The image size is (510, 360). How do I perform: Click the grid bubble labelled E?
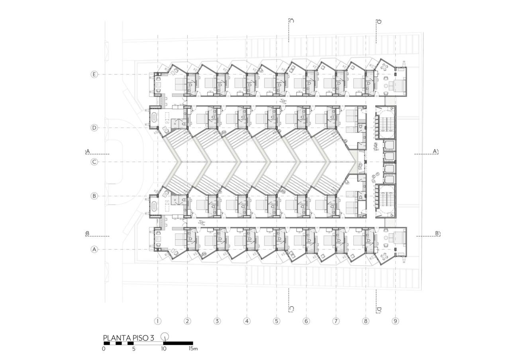pyautogui.click(x=94, y=74)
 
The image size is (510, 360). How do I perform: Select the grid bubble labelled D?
pyautogui.click(x=94, y=128)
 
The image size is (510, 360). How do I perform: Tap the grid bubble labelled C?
pyautogui.click(x=94, y=162)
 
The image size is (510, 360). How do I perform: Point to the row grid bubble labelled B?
pyautogui.click(x=94, y=196)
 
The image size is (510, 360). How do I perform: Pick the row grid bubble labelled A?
pyautogui.click(x=94, y=249)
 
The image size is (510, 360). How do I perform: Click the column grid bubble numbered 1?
pyautogui.click(x=158, y=321)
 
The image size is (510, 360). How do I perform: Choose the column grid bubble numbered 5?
pyautogui.click(x=277, y=321)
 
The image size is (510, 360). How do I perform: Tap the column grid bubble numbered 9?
pyautogui.click(x=395, y=321)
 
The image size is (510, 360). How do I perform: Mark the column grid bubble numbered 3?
pyautogui.click(x=217, y=321)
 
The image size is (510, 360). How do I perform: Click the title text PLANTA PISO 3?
pyautogui.click(x=129, y=338)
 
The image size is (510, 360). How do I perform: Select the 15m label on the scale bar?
pyautogui.click(x=193, y=349)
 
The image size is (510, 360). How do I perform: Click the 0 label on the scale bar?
pyautogui.click(x=104, y=349)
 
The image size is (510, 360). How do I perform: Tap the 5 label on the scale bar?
pyautogui.click(x=133, y=349)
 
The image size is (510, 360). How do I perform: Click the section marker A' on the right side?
pyautogui.click(x=436, y=151)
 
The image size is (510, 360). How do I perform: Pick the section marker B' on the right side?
pyautogui.click(x=437, y=233)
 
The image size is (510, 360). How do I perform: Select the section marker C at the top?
pyautogui.click(x=291, y=21)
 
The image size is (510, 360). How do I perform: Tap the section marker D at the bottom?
pyautogui.click(x=379, y=309)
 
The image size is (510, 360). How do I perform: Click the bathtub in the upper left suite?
pyautogui.click(x=155, y=117)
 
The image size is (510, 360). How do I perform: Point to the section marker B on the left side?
pyautogui.click(x=87, y=233)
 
